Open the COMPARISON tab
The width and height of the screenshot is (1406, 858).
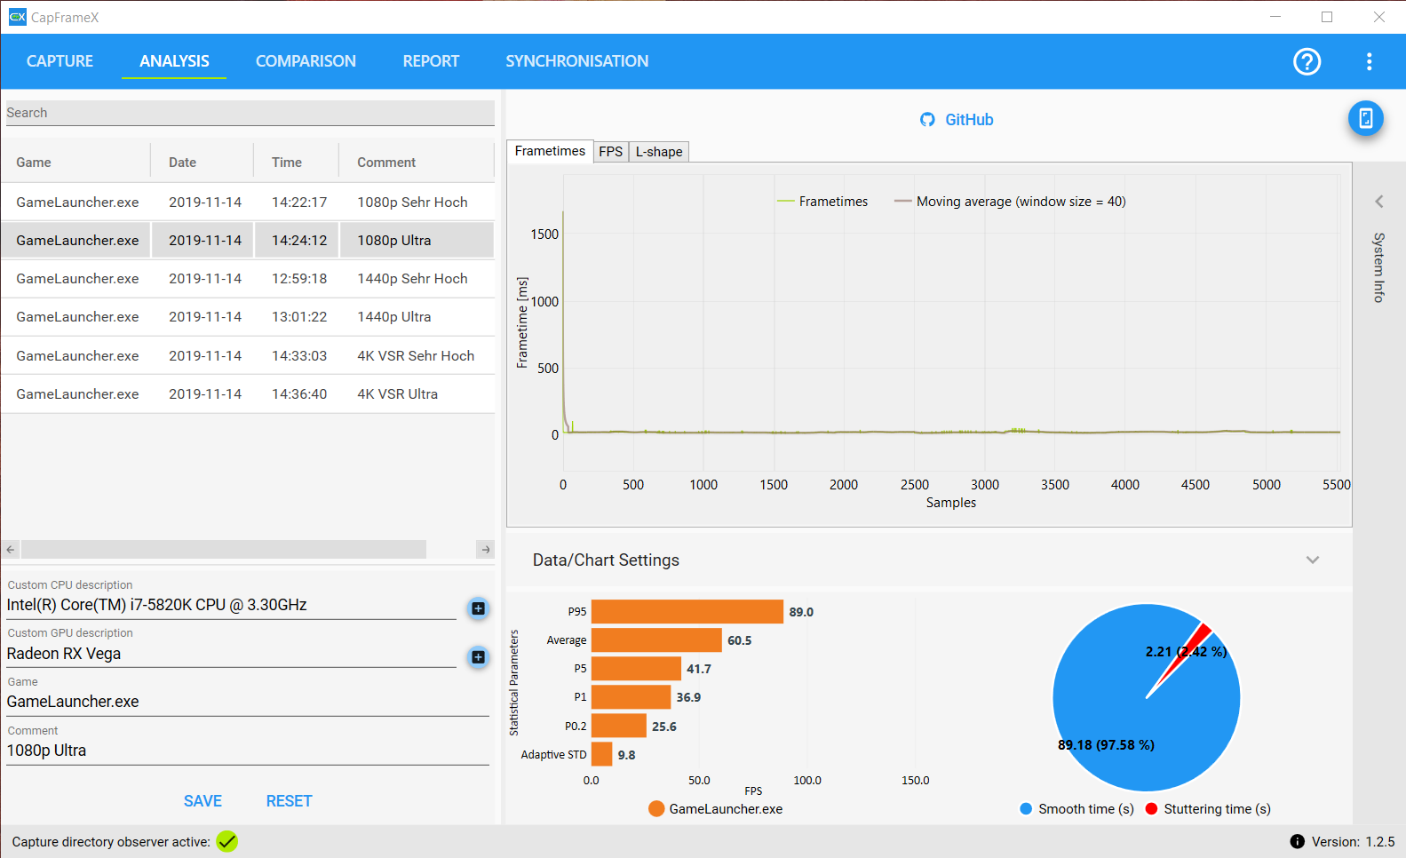(x=306, y=61)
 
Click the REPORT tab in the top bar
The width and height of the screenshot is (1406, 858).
(x=431, y=61)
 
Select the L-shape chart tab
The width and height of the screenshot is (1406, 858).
(x=658, y=152)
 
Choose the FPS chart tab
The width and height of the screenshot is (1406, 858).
(x=610, y=152)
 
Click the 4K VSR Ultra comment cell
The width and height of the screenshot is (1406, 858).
(x=397, y=394)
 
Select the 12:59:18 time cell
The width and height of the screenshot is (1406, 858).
(x=298, y=279)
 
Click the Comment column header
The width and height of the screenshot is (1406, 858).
(x=386, y=162)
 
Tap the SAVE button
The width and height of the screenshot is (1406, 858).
(x=203, y=801)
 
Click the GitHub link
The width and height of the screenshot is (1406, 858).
(x=957, y=120)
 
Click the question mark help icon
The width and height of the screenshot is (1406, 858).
(x=1307, y=61)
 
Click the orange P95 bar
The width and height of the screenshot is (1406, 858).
(x=687, y=612)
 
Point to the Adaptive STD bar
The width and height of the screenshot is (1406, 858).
(x=601, y=754)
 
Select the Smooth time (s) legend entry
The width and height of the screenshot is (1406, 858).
(x=1077, y=809)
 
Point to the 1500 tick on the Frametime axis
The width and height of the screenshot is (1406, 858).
(x=544, y=234)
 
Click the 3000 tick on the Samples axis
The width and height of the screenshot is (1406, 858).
(x=984, y=485)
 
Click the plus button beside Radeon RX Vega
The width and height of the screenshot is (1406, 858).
(x=479, y=657)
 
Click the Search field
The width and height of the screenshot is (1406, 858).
(x=250, y=113)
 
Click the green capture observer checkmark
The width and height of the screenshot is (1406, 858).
(x=227, y=842)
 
